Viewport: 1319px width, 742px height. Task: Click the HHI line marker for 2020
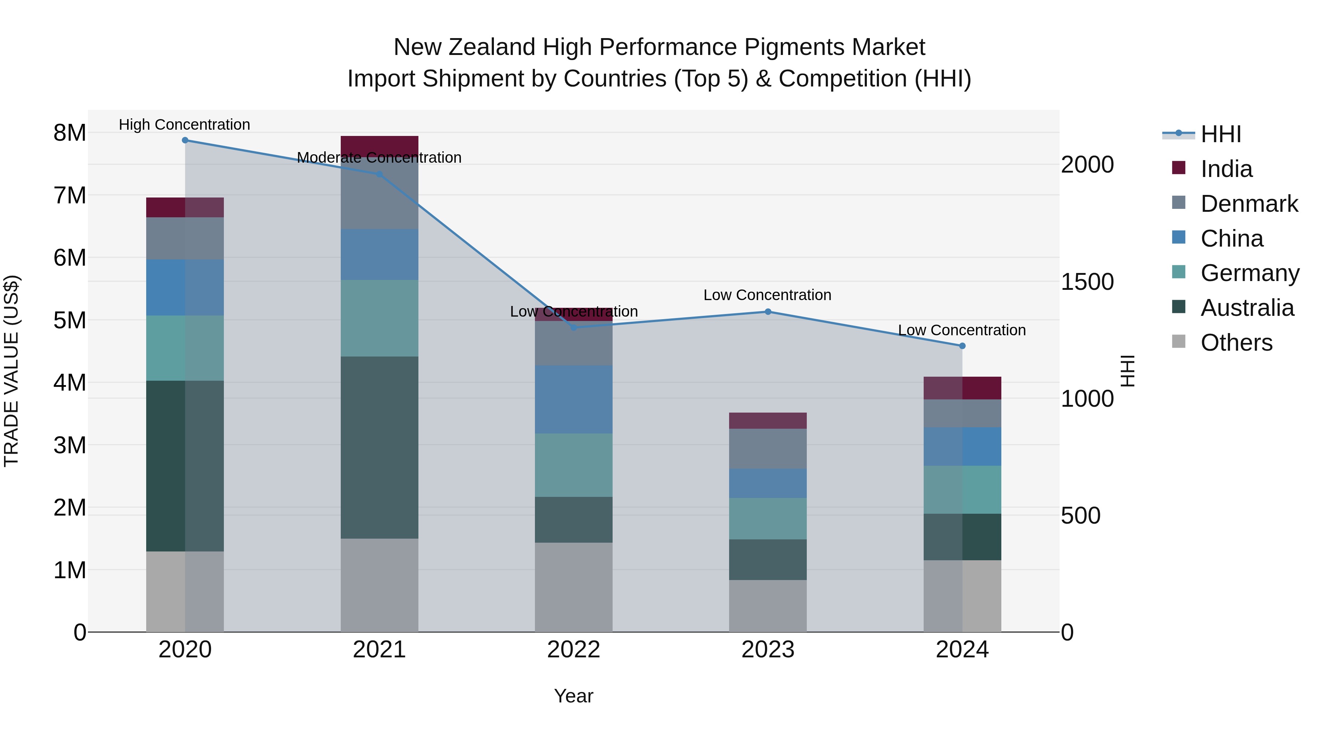185,140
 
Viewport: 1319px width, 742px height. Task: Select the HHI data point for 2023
768,312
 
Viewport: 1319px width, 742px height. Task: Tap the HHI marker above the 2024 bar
962,346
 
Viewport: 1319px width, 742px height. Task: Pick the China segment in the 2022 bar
573,399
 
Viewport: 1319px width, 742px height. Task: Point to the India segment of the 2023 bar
768,420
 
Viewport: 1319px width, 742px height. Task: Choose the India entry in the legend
1226,169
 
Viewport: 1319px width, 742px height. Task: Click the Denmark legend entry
1249,204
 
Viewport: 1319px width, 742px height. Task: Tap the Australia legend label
1247,308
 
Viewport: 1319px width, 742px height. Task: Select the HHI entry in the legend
1221,134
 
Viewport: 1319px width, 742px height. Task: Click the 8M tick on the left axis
70,133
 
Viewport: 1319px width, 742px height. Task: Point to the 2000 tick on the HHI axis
1087,165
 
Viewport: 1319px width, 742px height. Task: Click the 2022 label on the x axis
573,650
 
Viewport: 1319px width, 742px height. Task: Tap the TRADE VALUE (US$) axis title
11,371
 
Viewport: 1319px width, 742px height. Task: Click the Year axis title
573,696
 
